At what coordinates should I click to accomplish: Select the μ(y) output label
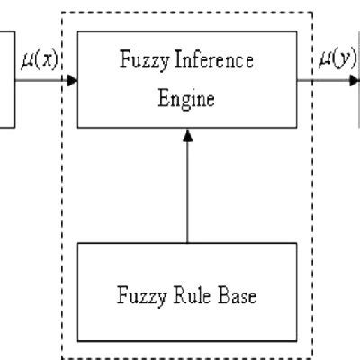[x=337, y=61]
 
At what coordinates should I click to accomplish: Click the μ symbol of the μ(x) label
[x=26, y=62]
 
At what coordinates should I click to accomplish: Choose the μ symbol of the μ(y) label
[x=324, y=62]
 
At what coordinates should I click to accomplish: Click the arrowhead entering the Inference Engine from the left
[x=72, y=79]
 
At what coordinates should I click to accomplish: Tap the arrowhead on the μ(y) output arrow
[x=355, y=79]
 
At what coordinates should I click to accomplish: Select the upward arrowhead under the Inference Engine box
[x=187, y=133]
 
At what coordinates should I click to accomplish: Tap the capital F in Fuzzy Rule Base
[x=123, y=294]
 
